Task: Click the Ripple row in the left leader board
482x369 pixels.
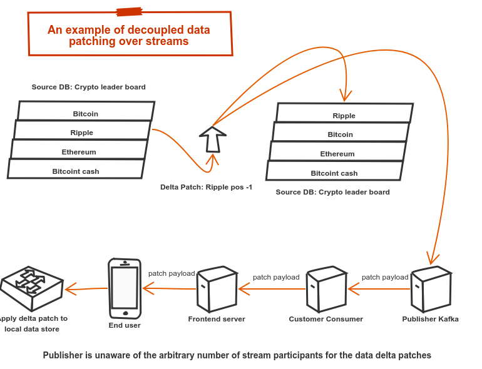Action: pos(82,130)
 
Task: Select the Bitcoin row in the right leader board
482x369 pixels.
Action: pos(340,132)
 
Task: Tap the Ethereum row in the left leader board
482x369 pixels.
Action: pos(79,149)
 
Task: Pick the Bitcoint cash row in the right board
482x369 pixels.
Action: pos(334,171)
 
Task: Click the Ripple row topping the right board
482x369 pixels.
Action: pos(344,113)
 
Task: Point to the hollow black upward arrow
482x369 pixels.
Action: pos(213,139)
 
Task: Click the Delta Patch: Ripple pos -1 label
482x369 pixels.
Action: pos(207,187)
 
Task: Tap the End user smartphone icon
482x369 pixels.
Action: pos(125,289)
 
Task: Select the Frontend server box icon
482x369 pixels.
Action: pos(217,289)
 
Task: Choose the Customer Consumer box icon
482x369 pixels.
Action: pos(327,289)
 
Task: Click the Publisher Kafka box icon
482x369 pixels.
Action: pos(431,289)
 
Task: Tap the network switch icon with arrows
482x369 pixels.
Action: pos(32,288)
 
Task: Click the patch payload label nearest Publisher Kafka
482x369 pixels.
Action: pos(385,277)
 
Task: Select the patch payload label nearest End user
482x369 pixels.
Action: pos(172,273)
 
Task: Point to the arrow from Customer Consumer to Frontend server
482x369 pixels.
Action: pos(272,289)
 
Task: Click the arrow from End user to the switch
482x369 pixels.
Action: pos(86,289)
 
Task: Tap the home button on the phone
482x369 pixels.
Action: pos(125,313)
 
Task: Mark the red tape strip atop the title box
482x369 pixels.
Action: pos(130,12)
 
